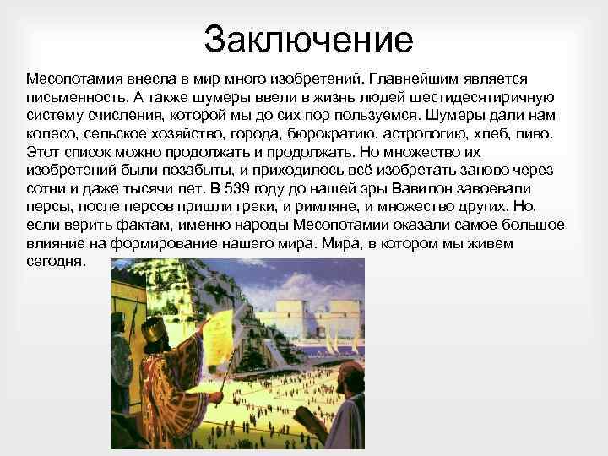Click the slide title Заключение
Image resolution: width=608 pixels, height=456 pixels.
pyautogui.click(x=308, y=41)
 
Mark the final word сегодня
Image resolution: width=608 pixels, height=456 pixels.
pyautogui.click(x=55, y=261)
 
